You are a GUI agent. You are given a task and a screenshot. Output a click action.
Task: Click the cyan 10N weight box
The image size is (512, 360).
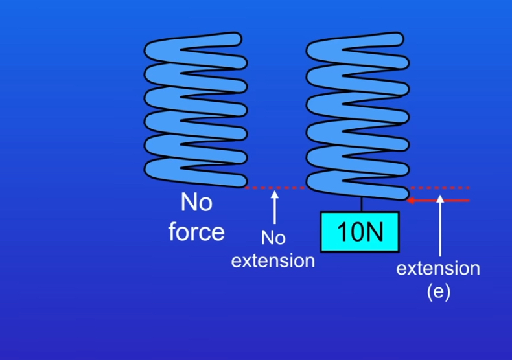[360, 231]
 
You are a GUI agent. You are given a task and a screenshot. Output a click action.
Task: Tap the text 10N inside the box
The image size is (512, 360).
[360, 232]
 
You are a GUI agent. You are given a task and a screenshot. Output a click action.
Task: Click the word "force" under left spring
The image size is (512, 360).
[196, 231]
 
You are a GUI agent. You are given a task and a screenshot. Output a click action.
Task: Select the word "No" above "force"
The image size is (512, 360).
[196, 203]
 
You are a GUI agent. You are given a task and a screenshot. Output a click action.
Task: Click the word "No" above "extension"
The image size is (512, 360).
[273, 238]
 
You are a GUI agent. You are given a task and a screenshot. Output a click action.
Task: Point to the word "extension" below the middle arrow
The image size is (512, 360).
[273, 261]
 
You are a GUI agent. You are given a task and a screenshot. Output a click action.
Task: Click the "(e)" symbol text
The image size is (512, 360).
[438, 291]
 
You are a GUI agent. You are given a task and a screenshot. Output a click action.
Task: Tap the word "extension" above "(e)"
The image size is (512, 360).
[438, 268]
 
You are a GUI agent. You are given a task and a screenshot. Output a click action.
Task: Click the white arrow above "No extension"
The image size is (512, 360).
[274, 207]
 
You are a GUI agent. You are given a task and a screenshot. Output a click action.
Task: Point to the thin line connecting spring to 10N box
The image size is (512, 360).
[361, 203]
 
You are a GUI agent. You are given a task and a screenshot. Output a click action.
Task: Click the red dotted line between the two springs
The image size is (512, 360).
[275, 188]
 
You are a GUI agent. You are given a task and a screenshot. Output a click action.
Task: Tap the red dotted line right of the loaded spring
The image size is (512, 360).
[447, 188]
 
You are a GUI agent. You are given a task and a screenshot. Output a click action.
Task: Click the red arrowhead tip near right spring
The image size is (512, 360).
[410, 200]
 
